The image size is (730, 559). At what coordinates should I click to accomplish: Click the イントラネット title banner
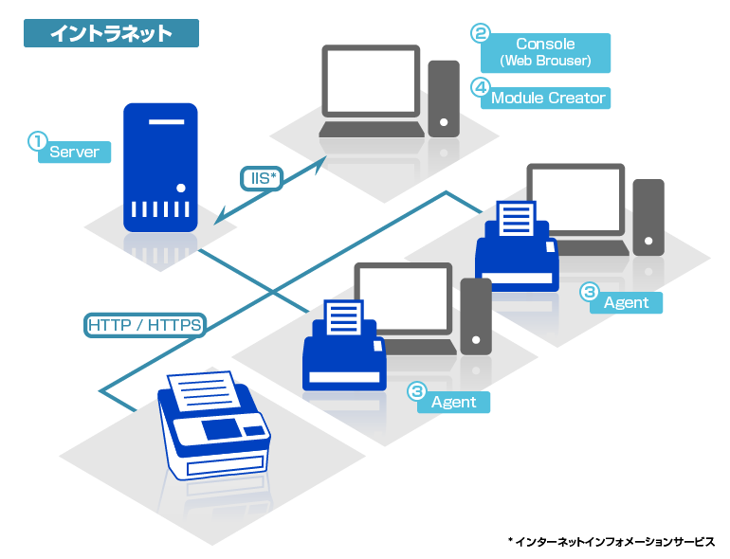click(x=111, y=33)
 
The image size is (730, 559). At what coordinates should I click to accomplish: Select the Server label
click(x=74, y=152)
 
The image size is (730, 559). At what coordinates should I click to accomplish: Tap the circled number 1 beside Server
click(x=37, y=141)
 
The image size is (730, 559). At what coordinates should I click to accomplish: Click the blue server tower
click(x=160, y=168)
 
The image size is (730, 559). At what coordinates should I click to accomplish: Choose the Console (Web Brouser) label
click(x=545, y=53)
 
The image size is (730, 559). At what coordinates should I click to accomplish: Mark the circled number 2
click(x=481, y=33)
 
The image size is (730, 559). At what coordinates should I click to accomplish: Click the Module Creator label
click(x=547, y=98)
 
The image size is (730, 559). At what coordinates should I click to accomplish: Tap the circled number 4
click(x=481, y=87)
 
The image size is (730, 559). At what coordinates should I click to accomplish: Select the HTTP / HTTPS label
click(x=144, y=325)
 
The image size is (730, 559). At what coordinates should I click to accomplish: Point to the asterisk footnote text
click(x=611, y=541)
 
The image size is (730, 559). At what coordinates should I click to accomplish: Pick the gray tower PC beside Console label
click(x=443, y=99)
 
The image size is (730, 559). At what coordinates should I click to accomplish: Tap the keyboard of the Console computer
click(x=371, y=130)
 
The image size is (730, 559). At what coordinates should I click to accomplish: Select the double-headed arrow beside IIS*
click(x=269, y=193)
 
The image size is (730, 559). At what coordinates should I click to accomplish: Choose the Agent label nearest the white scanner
click(x=453, y=402)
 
